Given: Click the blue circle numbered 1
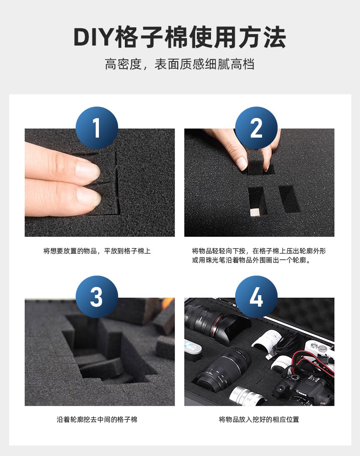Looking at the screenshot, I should (x=97, y=128).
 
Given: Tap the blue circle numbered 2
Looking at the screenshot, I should (x=256, y=128).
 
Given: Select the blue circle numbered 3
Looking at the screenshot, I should (x=97, y=297).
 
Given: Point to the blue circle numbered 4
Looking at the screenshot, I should (x=256, y=297).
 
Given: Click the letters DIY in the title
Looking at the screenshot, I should (x=93, y=38).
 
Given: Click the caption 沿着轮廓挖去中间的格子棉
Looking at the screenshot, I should (x=97, y=419).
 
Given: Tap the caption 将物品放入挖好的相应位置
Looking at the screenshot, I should (x=259, y=419).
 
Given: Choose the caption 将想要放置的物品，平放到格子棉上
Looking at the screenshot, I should (x=97, y=251).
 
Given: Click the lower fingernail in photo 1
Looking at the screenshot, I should (x=88, y=197).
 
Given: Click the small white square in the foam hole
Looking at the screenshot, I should (x=254, y=212).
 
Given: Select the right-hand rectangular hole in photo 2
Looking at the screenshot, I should (x=289, y=199).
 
